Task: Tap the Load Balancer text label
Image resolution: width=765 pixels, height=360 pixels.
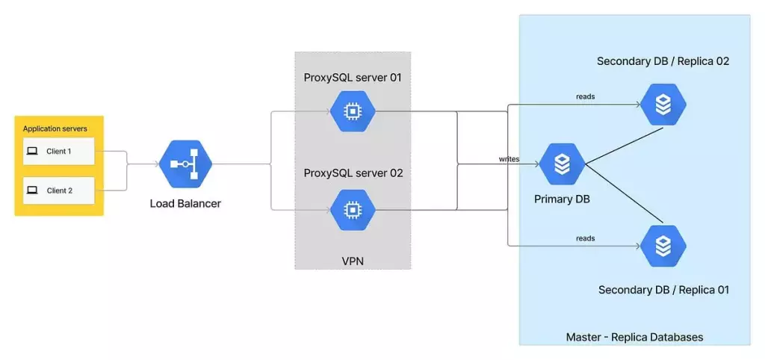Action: click(185, 203)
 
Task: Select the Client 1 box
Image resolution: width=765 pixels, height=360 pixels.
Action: click(58, 151)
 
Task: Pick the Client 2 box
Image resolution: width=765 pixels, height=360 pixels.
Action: click(58, 190)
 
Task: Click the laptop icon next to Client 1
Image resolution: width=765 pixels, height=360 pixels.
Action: click(32, 151)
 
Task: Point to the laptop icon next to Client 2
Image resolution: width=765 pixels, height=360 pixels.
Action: click(32, 190)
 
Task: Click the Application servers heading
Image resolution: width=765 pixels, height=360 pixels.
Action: click(55, 129)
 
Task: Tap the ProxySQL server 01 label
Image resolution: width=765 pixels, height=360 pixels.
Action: click(353, 78)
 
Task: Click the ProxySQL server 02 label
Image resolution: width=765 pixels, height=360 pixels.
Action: click(353, 173)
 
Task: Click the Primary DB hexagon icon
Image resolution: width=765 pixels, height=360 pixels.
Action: click(561, 163)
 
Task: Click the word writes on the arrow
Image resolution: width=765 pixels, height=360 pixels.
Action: click(510, 159)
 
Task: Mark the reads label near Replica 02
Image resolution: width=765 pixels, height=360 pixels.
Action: click(585, 96)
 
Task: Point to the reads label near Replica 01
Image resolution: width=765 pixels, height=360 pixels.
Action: click(585, 238)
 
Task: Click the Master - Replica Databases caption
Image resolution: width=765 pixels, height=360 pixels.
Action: click(634, 337)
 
